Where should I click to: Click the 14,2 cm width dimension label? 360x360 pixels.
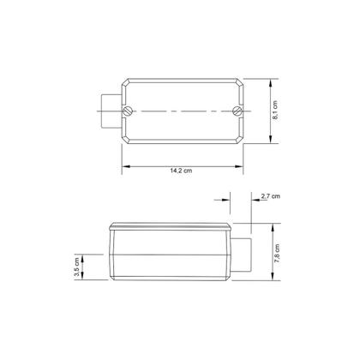tap(180, 172)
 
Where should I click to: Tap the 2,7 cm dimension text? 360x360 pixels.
tap(270, 196)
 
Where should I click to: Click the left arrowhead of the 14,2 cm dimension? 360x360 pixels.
tap(122, 165)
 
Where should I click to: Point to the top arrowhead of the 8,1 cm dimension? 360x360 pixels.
tap(271, 81)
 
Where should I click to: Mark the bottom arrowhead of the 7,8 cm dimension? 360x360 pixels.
tap(271, 280)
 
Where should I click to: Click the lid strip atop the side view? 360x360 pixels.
tap(172, 226)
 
